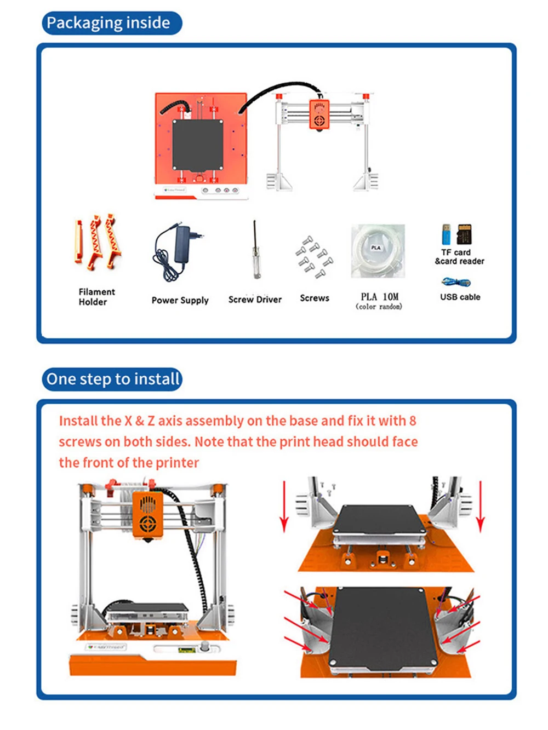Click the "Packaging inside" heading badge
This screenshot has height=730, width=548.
point(111,23)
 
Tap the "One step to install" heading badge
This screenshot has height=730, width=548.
point(112,379)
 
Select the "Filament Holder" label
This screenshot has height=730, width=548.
point(96,297)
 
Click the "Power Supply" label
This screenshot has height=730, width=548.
point(180,300)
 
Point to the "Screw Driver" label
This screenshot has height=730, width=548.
point(255,300)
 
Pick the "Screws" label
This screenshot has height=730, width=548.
point(315,298)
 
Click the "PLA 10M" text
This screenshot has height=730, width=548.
point(379,296)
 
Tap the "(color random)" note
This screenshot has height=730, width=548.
point(379,307)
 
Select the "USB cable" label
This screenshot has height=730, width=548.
point(460,297)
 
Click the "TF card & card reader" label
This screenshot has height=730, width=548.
point(459,257)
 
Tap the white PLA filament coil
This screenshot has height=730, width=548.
point(378,251)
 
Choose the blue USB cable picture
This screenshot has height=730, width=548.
point(456,283)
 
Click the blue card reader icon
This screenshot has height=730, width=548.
point(447,235)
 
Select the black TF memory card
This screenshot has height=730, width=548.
point(465,234)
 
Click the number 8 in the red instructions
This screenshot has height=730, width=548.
point(412,421)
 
